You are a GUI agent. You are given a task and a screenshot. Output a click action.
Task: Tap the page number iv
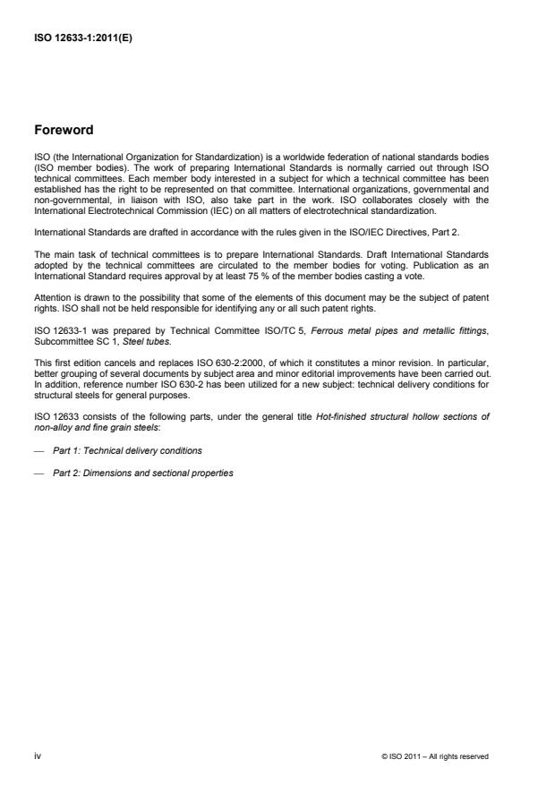(37, 756)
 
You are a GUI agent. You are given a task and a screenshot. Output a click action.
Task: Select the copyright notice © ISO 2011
(435, 757)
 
